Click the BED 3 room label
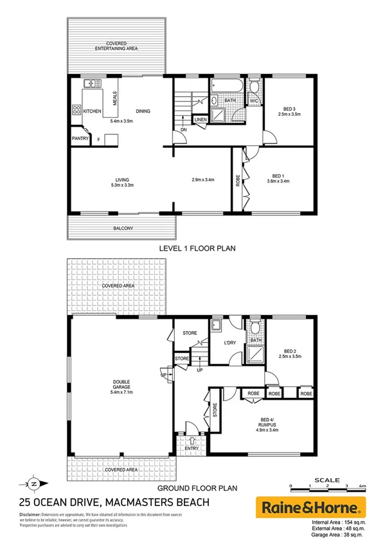(289, 110)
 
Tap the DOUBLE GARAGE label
(121, 384)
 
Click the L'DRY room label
(231, 343)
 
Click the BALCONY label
(123, 228)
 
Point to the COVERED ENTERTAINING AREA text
(117, 46)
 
